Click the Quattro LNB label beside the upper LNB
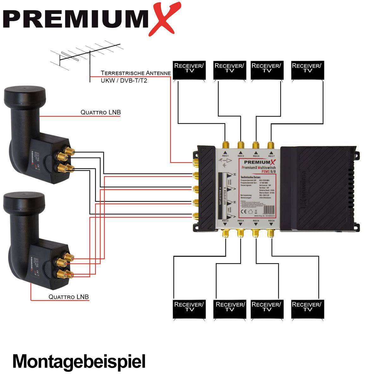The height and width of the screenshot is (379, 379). point(100,112)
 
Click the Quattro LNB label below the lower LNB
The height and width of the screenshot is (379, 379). point(69,297)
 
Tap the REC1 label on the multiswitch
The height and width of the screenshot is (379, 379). point(226,156)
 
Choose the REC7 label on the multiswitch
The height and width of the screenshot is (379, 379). point(271,156)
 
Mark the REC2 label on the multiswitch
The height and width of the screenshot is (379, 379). point(225,220)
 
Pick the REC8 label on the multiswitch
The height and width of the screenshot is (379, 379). point(271,220)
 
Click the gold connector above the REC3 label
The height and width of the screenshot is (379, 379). point(241,146)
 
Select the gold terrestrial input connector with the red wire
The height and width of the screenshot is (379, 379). point(196,163)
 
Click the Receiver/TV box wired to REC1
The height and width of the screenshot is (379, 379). point(189,70)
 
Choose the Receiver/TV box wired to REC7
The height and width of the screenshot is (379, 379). point(307,70)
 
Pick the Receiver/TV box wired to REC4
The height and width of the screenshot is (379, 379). point(230,309)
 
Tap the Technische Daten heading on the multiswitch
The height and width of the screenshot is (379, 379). point(251,177)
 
